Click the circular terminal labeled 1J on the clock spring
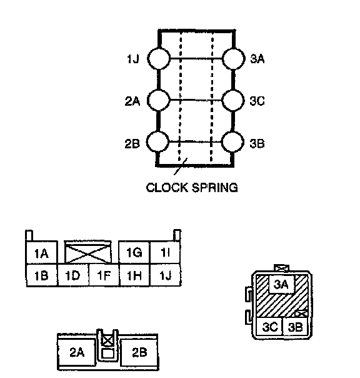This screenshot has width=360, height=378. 159,59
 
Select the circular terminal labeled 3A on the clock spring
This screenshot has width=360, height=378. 233,59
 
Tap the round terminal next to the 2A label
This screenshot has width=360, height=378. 159,100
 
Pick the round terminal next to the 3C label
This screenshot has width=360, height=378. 233,100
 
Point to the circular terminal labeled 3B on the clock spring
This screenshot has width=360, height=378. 232,142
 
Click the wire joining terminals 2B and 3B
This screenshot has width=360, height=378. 195,141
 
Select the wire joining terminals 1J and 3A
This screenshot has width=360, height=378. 196,58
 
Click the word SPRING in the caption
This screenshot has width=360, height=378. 215,188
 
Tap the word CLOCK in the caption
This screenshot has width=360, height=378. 167,188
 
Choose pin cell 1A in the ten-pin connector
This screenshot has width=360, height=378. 42,252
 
